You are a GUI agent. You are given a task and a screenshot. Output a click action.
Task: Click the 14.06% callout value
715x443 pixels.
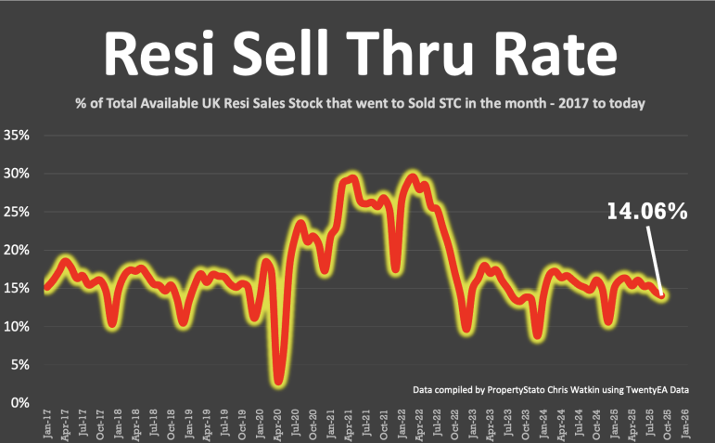click(646, 212)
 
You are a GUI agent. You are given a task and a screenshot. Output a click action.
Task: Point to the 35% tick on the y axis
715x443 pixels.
click(19, 136)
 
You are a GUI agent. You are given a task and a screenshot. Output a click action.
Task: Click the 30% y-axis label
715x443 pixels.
click(19, 174)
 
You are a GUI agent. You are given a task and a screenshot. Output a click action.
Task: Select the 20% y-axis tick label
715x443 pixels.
click(19, 250)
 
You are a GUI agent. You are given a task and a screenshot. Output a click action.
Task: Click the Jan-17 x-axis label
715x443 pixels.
click(47, 423)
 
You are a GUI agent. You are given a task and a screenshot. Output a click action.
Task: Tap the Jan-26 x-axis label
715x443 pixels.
click(685, 423)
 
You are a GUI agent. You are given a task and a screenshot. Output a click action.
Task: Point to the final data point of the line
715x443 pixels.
click(662, 295)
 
